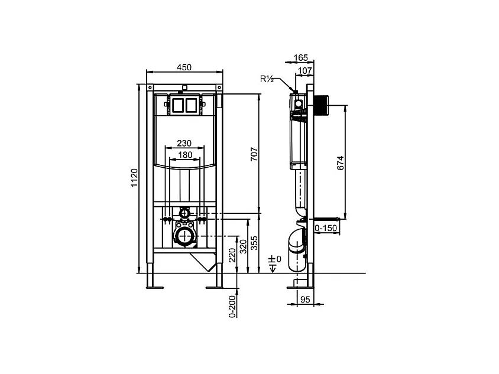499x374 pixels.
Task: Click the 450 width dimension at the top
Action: click(x=184, y=67)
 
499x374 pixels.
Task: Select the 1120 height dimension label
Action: click(x=134, y=177)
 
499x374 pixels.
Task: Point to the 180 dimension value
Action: click(x=184, y=155)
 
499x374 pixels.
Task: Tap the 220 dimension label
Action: click(x=232, y=255)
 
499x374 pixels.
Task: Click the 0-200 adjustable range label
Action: click(x=232, y=306)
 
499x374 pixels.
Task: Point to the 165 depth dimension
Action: click(x=301, y=57)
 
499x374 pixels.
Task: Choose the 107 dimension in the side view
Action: click(x=305, y=71)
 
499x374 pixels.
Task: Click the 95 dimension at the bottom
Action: click(x=305, y=300)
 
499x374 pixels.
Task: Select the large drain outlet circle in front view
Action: click(x=184, y=237)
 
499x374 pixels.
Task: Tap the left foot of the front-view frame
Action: click(x=155, y=288)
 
